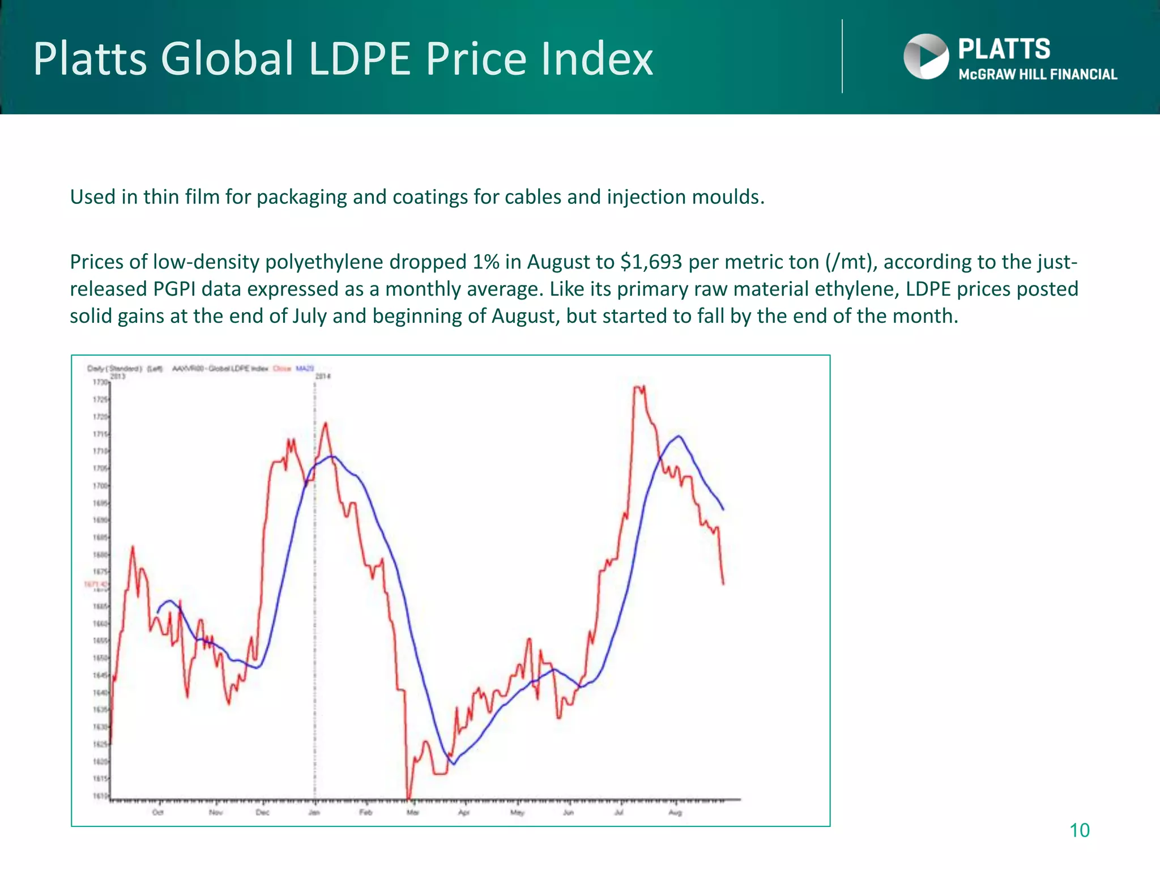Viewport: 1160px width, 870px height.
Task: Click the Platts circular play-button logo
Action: [x=926, y=57]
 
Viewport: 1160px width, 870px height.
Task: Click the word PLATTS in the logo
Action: [x=1004, y=49]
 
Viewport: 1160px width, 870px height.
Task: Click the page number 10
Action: [x=1079, y=830]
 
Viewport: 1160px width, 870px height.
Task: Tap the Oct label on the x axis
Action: [x=158, y=813]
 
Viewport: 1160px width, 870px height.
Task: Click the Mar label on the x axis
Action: [x=413, y=813]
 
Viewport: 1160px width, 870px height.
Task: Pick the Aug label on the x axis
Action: [x=675, y=813]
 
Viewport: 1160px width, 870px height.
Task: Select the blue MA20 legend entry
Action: [x=305, y=369]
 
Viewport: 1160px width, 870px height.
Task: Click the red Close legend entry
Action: [x=282, y=369]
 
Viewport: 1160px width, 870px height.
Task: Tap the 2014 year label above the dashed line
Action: [x=323, y=376]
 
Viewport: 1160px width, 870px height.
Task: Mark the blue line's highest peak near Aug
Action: [x=679, y=436]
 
